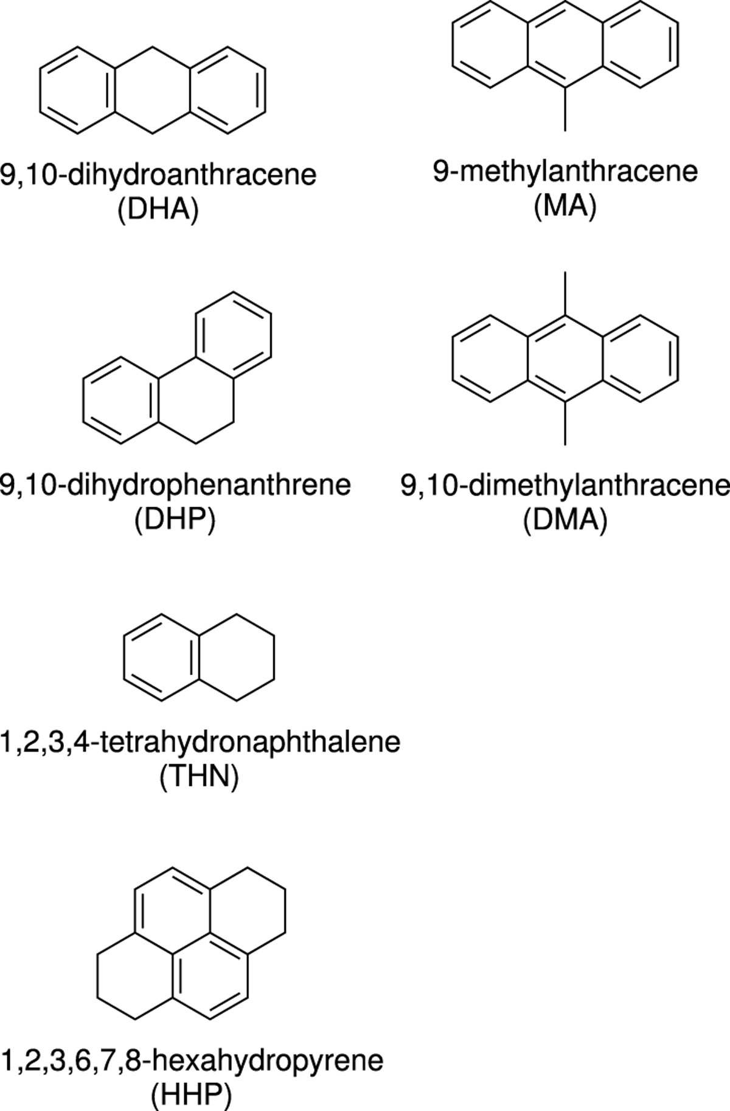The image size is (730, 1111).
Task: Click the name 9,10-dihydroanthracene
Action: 158,175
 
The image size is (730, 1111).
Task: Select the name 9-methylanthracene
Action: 565,172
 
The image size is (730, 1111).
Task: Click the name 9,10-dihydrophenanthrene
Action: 176,485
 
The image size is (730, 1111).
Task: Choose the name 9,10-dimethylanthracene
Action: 565,486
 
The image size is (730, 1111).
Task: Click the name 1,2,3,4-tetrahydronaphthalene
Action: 200,743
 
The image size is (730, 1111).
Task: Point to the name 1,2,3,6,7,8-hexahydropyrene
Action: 192,1060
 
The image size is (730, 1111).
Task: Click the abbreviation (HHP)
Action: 192,1095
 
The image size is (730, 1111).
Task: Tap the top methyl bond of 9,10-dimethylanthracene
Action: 565,294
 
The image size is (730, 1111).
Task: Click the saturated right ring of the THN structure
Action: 273,658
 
